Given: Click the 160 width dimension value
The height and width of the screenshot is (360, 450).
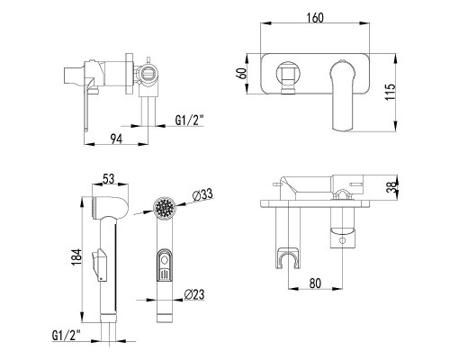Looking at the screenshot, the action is coord(315,18).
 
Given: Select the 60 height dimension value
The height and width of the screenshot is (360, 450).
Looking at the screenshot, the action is coord(242,73).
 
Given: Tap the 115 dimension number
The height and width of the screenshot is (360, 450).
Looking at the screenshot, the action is coord(391,92).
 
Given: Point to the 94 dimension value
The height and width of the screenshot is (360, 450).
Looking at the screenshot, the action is coord(116,139).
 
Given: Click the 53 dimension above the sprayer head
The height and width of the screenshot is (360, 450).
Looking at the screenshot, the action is coord(108,179).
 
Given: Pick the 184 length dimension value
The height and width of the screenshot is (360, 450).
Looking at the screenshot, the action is coord(76,257).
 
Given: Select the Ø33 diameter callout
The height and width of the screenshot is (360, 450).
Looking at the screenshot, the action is coord(202,194).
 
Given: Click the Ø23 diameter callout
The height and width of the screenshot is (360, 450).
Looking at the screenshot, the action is coord(194,294).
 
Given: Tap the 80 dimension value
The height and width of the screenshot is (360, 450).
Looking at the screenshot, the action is coord(315,283).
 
